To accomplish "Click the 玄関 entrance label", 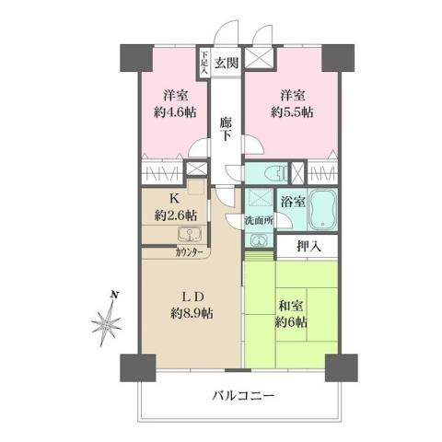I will pyautogui.click(x=227, y=64).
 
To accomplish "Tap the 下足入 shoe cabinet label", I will pyautogui.click(x=204, y=62).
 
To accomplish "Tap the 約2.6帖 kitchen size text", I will pyautogui.click(x=176, y=215).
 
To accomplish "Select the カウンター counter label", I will pyautogui.click(x=189, y=250).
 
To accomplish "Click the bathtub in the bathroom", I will pyautogui.click(x=321, y=209).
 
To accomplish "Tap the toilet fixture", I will pyautogui.click(x=273, y=174).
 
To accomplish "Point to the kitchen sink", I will pyautogui.click(x=182, y=234).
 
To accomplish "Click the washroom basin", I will pyautogui.click(x=258, y=241).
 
